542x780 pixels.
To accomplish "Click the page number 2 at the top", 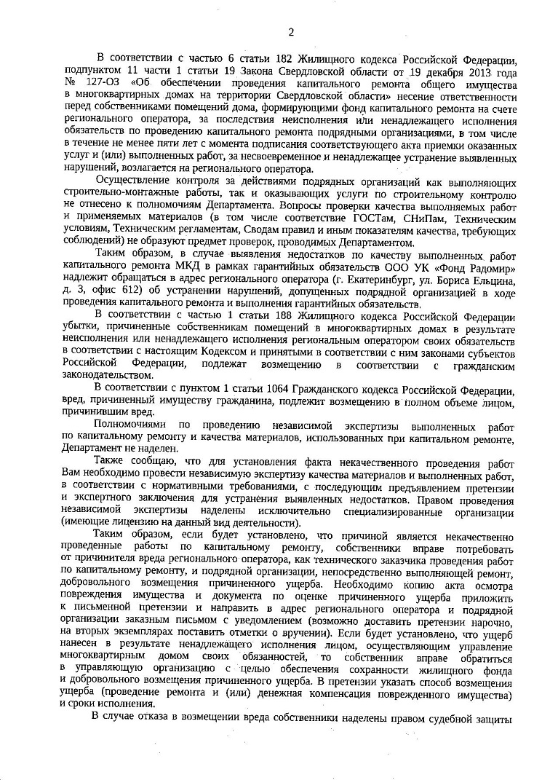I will click(290, 31).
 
